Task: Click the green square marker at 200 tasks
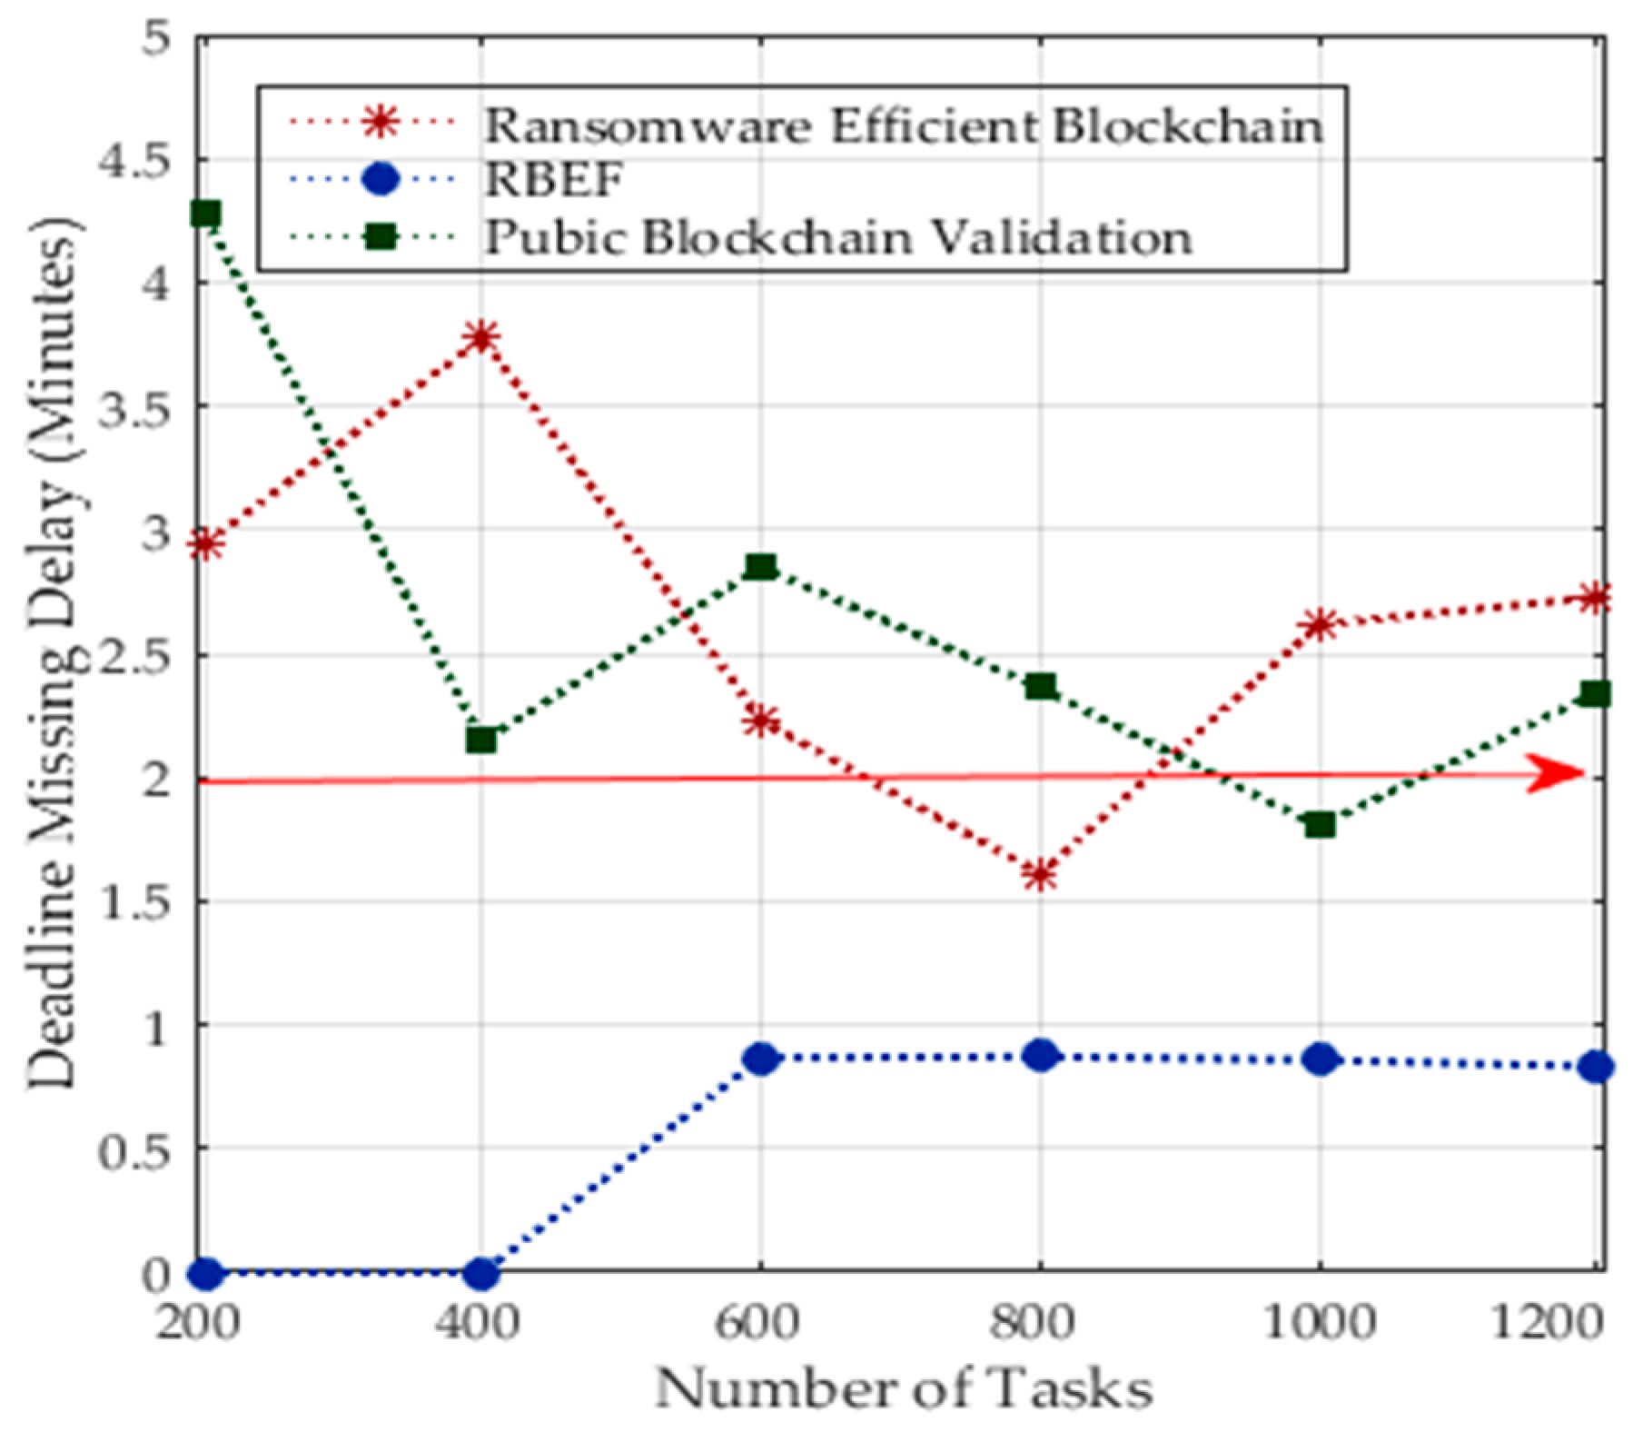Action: point(207,214)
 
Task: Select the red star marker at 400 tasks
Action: point(481,337)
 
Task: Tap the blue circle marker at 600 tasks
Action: point(761,1059)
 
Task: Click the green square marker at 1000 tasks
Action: point(1320,825)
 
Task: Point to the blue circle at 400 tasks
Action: point(481,1274)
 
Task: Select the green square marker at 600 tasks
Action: point(761,567)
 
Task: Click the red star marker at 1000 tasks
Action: point(1320,624)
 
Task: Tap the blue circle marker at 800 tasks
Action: point(1041,1056)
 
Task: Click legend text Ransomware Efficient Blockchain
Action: point(903,125)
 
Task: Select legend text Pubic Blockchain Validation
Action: point(837,237)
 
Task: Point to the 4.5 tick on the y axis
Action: point(133,161)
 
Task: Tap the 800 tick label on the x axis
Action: point(1032,1323)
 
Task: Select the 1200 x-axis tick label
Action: point(1548,1323)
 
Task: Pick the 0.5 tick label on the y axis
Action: point(133,1149)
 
